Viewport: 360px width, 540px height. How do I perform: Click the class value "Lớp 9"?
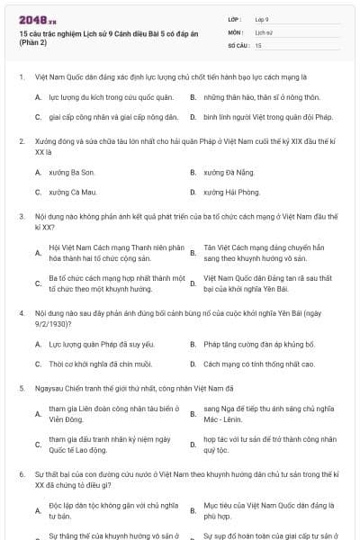point(263,18)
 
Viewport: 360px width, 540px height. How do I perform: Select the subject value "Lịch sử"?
point(264,31)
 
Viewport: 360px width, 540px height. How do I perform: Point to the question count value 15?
point(258,44)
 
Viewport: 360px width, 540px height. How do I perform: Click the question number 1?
point(21,77)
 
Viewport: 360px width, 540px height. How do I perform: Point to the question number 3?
point(21,217)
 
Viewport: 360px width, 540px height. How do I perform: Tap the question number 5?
point(21,388)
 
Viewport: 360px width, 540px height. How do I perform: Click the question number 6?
point(21,472)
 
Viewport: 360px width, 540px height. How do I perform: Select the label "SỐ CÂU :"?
point(238,44)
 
